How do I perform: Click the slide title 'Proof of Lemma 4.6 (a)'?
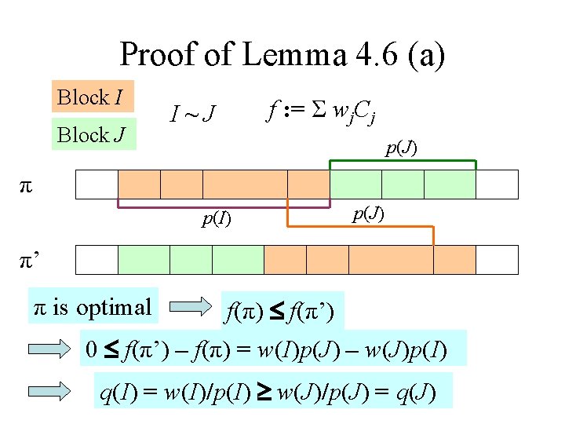[x=282, y=55]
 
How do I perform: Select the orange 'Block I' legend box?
[x=93, y=97]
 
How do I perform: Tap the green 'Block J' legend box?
[x=93, y=134]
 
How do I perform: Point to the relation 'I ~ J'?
[x=192, y=116]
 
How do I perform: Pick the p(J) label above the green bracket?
[x=400, y=148]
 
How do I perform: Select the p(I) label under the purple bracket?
[x=217, y=218]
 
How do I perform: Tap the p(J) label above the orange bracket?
[x=368, y=213]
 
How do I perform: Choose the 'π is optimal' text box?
[x=91, y=307]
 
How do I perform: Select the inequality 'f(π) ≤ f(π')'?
[x=280, y=313]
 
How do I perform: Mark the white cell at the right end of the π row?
[x=498, y=184]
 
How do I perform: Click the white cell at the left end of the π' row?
[x=97, y=259]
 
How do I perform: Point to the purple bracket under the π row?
[x=224, y=207]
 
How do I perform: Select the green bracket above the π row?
[x=403, y=162]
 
